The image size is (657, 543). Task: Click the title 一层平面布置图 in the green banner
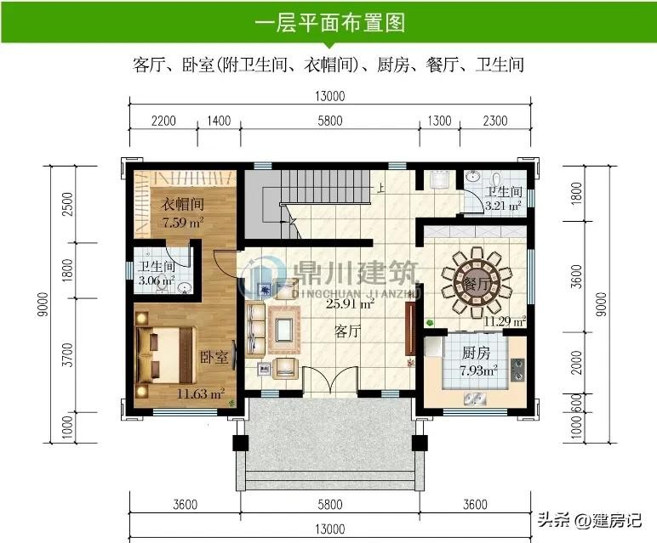point(329,22)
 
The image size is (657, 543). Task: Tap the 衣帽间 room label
point(183,204)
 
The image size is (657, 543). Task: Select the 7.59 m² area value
point(183,222)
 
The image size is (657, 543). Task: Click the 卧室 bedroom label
point(214,357)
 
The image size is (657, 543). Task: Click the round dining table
point(477,283)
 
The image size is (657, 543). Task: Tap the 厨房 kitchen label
point(476,353)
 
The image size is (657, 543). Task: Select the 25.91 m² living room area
point(350,303)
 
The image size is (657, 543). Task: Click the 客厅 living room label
point(347,331)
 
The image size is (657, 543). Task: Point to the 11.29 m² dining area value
point(505,321)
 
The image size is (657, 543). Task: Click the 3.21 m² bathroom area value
point(503,206)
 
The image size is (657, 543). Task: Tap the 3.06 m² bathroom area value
point(157,280)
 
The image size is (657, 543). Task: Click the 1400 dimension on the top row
point(219,121)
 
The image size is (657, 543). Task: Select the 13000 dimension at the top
point(329,96)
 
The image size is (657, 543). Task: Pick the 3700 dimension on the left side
point(67,354)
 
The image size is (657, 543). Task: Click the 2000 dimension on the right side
point(577,362)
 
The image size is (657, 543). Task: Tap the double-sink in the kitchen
point(475,399)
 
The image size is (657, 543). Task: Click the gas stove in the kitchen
point(517,370)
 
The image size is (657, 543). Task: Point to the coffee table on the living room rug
point(284,330)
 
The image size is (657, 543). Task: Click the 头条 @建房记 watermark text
point(590,520)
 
